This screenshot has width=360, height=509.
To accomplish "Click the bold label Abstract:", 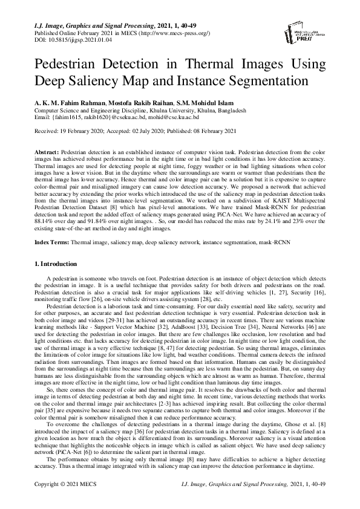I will point(47,148).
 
